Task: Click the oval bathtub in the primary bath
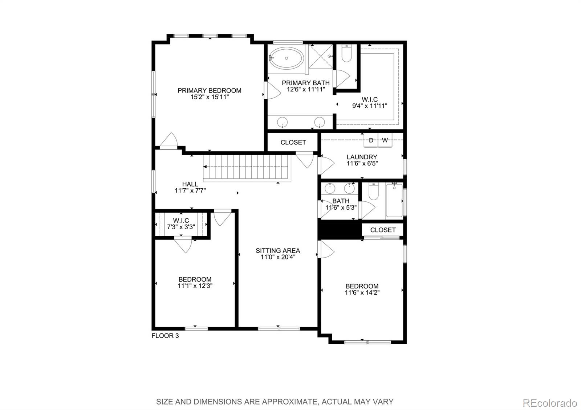tap(287, 58)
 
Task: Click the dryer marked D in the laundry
tap(371, 140)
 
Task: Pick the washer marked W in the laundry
tap(385, 140)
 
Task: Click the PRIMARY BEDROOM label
tap(209, 90)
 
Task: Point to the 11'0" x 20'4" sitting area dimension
tap(278, 257)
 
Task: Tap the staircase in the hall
tap(247, 167)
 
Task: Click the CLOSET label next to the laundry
tap(293, 143)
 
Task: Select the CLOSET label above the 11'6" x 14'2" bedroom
tap(383, 230)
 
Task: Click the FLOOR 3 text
tap(165, 336)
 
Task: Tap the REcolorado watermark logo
tap(549, 403)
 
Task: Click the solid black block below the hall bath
tap(340, 230)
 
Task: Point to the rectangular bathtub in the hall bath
tap(394, 200)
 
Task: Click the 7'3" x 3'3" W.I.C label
tap(181, 227)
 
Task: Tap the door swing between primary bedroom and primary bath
tap(272, 91)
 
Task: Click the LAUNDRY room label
tap(362, 157)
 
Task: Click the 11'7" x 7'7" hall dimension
tap(190, 190)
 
